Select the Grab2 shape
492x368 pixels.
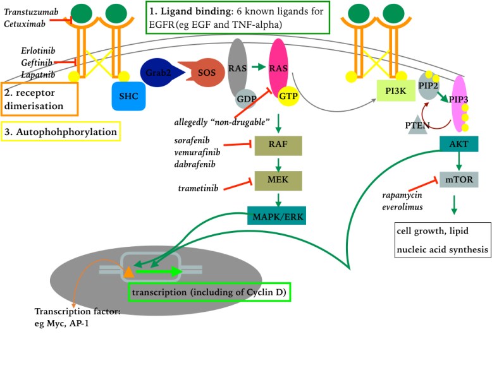pyautogui.click(x=157, y=73)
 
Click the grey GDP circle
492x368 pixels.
pyautogui.click(x=246, y=100)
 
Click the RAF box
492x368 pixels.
pyautogui.click(x=278, y=145)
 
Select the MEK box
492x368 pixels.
pyautogui.click(x=278, y=181)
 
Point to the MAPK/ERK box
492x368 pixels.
pyautogui.click(x=278, y=217)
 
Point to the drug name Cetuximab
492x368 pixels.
pyautogui.click(x=24, y=23)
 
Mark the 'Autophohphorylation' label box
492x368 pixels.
pyautogui.click(x=61, y=132)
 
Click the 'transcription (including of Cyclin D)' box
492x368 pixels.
pyautogui.click(x=209, y=292)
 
